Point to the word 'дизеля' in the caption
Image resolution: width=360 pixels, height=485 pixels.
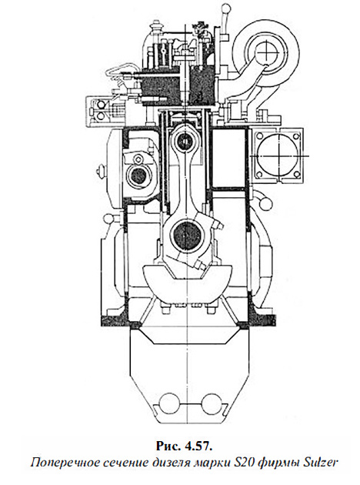(x=171, y=463)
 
